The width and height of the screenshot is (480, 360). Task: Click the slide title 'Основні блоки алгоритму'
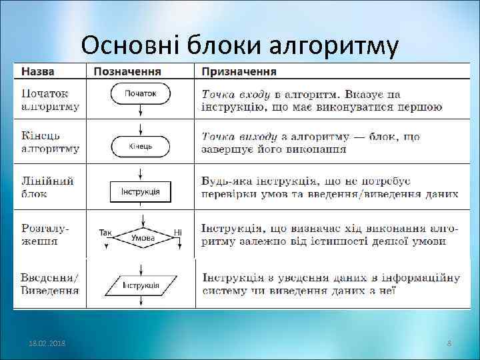click(x=240, y=45)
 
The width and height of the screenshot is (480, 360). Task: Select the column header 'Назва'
click(x=38, y=71)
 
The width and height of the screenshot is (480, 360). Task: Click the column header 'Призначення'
click(x=240, y=71)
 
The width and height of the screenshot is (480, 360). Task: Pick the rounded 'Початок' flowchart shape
click(x=140, y=94)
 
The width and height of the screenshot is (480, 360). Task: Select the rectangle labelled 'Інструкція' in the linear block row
click(x=140, y=192)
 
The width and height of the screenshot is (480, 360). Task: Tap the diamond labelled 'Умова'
click(x=143, y=237)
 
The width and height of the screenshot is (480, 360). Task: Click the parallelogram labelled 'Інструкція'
click(x=140, y=285)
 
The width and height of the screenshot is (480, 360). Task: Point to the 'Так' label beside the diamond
click(x=105, y=233)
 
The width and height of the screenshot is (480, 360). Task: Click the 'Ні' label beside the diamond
click(x=178, y=233)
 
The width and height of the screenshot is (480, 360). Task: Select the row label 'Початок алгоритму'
click(x=50, y=100)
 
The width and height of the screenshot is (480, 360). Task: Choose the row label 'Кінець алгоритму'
click(x=50, y=143)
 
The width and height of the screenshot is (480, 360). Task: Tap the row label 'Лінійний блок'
click(x=47, y=187)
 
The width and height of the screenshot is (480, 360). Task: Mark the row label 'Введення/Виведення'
click(x=50, y=283)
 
